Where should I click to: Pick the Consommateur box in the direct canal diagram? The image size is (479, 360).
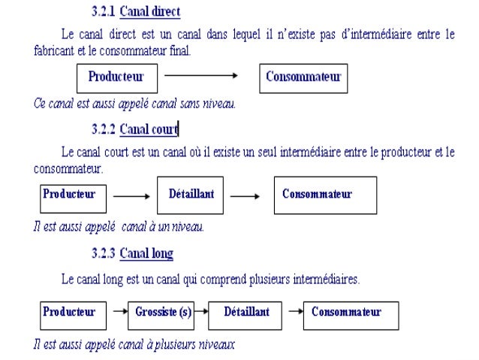(303, 77)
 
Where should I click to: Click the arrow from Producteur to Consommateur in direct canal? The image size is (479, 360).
(200, 75)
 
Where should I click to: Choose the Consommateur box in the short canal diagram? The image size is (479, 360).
(324, 195)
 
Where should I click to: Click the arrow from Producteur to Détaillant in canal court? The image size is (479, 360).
(131, 197)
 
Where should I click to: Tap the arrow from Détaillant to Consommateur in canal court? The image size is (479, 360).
(244, 197)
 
